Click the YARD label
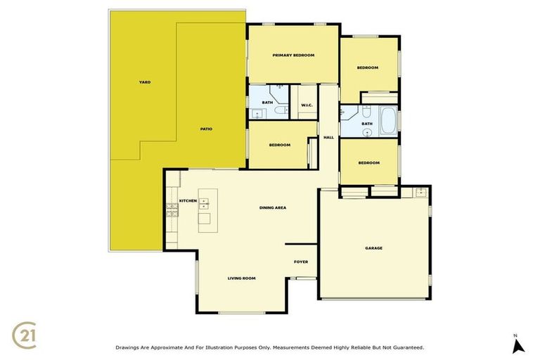[144, 82]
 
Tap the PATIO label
[206, 129]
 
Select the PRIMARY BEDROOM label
[293, 55]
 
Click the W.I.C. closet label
[307, 105]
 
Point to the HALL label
[328, 137]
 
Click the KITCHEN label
[188, 201]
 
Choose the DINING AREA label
[273, 207]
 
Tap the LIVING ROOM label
[241, 278]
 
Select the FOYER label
[301, 262]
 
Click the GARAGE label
[373, 248]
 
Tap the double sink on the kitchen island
[204, 204]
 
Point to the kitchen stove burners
[172, 209]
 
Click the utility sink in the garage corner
[421, 192]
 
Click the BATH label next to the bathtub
[367, 124]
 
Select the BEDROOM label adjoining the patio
[280, 145]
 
